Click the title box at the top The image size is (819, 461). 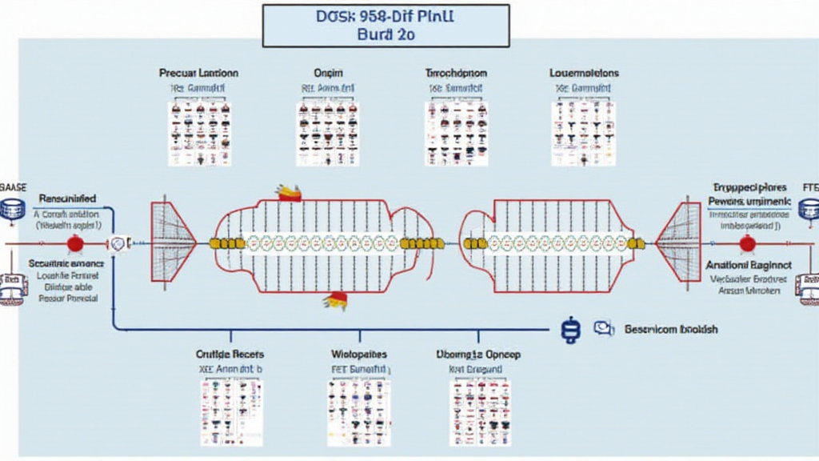click(x=386, y=25)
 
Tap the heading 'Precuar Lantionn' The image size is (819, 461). click(x=198, y=73)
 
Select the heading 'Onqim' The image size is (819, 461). click(x=326, y=73)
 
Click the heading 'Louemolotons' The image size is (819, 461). click(x=584, y=73)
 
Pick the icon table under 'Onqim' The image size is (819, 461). click(x=327, y=134)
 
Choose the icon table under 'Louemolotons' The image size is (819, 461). click(x=583, y=134)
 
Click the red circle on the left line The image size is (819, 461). click(x=74, y=243)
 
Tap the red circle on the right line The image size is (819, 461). click(x=747, y=243)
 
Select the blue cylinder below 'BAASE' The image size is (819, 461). click(x=12, y=210)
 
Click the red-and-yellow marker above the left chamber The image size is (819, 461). click(x=289, y=191)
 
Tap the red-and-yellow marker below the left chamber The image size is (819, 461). click(x=335, y=300)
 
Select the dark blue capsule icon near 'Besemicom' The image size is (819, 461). click(x=570, y=331)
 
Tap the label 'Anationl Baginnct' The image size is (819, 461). click(x=749, y=264)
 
